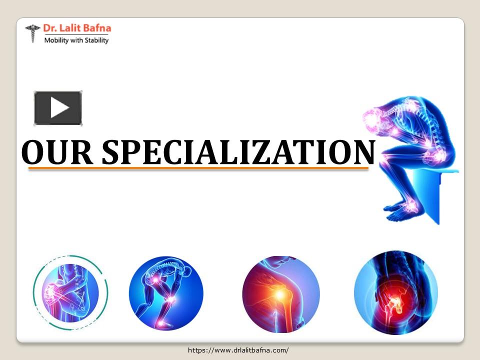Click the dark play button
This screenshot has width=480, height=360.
click(x=57, y=108)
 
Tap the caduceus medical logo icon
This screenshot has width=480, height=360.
click(x=33, y=33)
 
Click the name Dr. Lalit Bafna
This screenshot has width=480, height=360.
click(x=77, y=28)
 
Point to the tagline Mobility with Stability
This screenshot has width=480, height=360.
click(x=76, y=40)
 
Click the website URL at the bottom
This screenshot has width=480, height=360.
click(x=238, y=350)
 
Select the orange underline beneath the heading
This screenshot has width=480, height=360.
click(x=198, y=169)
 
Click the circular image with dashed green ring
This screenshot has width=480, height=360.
click(x=70, y=292)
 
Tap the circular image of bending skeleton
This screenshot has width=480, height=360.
click(x=166, y=293)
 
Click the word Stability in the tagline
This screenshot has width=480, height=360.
click(x=95, y=40)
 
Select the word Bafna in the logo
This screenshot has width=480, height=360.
click(x=98, y=28)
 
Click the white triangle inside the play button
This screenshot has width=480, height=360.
click(x=59, y=108)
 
